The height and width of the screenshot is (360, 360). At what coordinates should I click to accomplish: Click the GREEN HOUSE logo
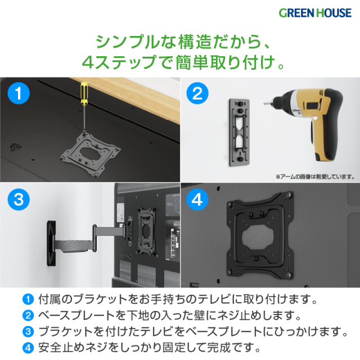[x=315, y=13]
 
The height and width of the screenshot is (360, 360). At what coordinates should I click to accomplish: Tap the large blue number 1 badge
[x=19, y=93]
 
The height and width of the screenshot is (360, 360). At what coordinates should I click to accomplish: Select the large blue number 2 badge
[x=197, y=93]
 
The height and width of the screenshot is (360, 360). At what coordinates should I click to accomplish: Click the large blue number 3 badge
[x=19, y=199]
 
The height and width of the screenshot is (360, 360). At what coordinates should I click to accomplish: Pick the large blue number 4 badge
[x=197, y=199]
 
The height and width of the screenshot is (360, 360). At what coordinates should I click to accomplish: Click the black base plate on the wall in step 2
[x=240, y=132]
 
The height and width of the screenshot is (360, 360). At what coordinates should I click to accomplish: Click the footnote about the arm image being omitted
[x=315, y=177]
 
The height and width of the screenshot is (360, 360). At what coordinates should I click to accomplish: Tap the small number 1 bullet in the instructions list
[x=28, y=299]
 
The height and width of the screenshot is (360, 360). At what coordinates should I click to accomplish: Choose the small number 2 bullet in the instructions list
[x=28, y=316]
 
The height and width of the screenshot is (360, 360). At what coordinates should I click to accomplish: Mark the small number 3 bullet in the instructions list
[x=28, y=331]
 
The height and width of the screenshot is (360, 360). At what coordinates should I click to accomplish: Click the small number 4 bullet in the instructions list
[x=28, y=348]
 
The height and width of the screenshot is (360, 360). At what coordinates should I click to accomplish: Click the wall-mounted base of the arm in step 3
[x=51, y=244]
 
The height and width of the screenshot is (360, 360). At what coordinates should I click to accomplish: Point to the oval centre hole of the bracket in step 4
[x=258, y=237]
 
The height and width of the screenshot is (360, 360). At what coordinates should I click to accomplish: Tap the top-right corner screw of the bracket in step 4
[x=289, y=195]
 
